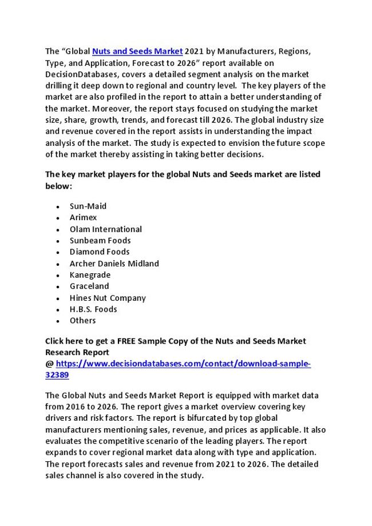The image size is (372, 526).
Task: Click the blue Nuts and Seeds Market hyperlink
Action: click(137, 51)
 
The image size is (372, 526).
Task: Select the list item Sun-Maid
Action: click(88, 206)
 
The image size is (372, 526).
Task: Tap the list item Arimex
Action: click(84, 218)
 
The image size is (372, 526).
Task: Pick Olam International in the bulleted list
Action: click(106, 229)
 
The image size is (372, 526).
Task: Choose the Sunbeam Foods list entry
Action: click(100, 241)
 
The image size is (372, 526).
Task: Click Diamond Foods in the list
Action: click(100, 252)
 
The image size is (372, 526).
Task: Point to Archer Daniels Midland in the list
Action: click(114, 264)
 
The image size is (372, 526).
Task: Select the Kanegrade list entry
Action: click(90, 275)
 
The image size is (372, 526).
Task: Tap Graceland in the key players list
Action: click(89, 286)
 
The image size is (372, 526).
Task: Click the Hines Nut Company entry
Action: click(108, 298)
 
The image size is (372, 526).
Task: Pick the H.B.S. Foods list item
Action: click(93, 309)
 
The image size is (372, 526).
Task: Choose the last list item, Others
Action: click(83, 321)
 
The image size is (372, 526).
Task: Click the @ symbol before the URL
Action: click(49, 364)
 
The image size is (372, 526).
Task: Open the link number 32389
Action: click(57, 376)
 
